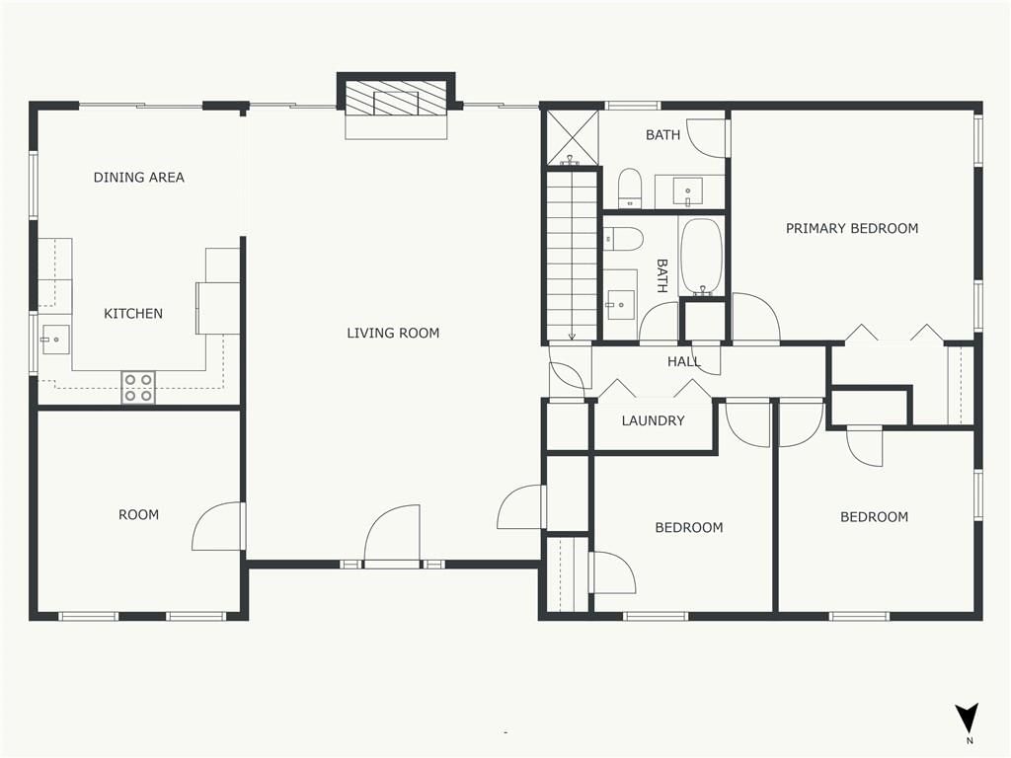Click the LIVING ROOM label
click(393, 334)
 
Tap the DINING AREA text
click(138, 178)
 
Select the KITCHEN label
click(133, 314)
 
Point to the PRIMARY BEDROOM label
click(852, 228)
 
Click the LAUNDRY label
click(654, 420)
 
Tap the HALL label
click(683, 361)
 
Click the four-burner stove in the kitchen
click(138, 387)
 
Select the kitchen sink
click(55, 340)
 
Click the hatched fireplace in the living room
click(396, 101)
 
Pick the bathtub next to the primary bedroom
click(702, 257)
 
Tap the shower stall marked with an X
click(573, 137)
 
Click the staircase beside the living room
click(572, 255)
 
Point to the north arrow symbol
click(968, 719)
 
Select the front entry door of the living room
click(392, 535)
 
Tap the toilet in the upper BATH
click(629, 188)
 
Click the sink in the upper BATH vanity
click(688, 191)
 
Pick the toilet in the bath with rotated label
click(624, 239)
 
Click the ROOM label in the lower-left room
click(138, 515)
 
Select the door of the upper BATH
click(707, 138)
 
